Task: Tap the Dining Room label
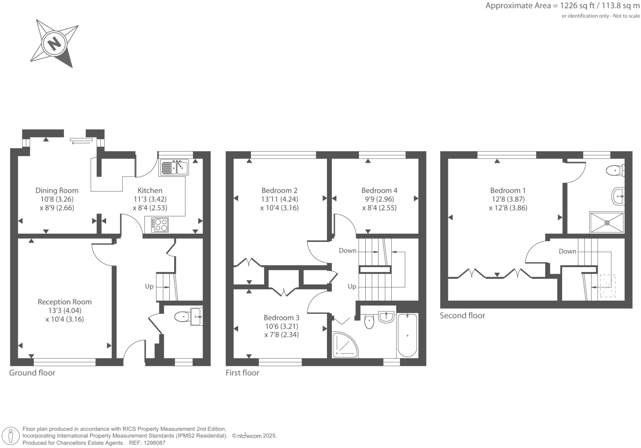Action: click(x=57, y=190)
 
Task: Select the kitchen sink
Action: click(x=174, y=168)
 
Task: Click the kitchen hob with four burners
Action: click(x=160, y=225)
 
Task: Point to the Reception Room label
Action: click(x=64, y=302)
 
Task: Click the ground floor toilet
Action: click(x=182, y=317)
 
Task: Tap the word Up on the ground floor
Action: click(x=149, y=286)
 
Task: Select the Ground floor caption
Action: click(x=32, y=372)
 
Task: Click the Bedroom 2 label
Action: click(x=279, y=190)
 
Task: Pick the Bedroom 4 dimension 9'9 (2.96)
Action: click(x=379, y=199)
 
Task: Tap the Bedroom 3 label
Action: click(x=281, y=318)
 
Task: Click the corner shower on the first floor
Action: click(x=345, y=345)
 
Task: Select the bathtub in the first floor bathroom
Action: click(x=407, y=335)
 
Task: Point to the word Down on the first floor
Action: click(x=348, y=251)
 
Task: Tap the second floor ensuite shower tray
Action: click(x=607, y=223)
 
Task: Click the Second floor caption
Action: click(x=462, y=315)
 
